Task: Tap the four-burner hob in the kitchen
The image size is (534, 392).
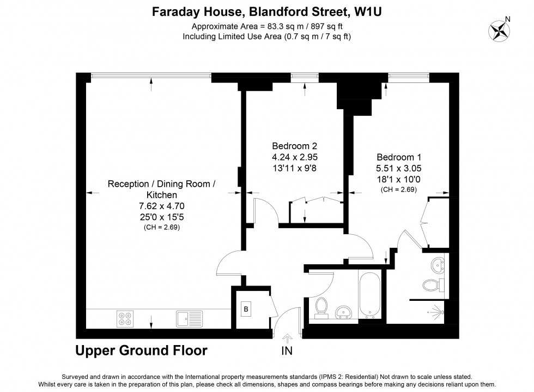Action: pos(125,318)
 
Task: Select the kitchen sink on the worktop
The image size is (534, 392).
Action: pos(189,318)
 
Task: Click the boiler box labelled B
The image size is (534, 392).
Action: pos(246,310)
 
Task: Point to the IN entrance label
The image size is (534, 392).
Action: pos(287,352)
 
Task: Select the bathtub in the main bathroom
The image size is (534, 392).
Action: pos(371,295)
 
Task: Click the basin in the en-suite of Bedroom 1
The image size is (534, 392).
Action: pos(438,266)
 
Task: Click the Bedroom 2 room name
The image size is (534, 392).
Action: pos(294,146)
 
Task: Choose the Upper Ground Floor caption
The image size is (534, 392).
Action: pos(141,351)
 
